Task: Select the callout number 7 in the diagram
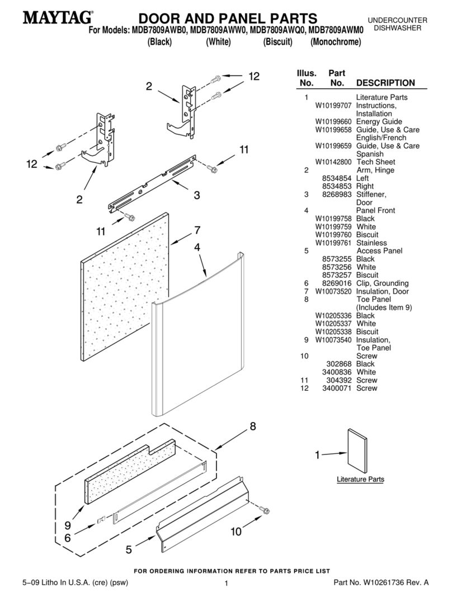[197, 230]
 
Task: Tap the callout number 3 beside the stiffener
[197, 195]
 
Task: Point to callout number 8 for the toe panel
[252, 427]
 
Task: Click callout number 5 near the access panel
[129, 549]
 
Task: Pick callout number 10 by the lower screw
[236, 532]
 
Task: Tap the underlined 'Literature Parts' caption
[360, 480]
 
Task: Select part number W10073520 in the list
[334, 291]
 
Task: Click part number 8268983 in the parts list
[337, 195]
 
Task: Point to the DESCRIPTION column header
[385, 83]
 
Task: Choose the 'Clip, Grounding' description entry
[382, 283]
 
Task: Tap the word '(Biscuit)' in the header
[278, 42]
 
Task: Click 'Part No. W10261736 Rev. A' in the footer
[380, 582]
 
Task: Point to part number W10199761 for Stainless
[334, 243]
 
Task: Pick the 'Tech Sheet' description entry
[375, 162]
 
